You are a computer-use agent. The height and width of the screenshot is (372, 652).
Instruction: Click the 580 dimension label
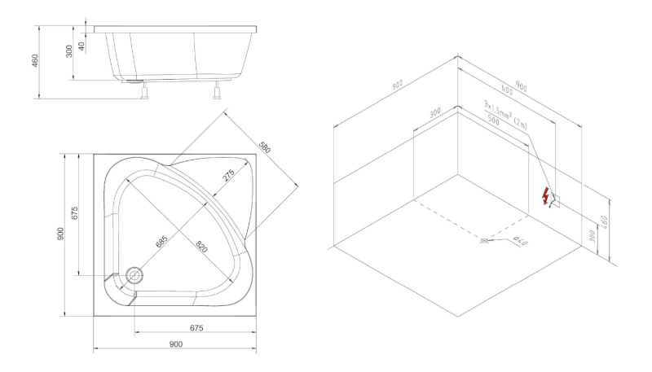coord(264,147)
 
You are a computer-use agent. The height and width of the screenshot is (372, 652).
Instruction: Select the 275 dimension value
coord(229,175)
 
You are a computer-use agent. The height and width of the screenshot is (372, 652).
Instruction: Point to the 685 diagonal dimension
coord(161,241)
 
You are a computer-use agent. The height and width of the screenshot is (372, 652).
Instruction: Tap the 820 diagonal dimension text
coord(200,246)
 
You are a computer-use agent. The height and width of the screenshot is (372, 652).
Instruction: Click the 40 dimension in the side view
coord(82,46)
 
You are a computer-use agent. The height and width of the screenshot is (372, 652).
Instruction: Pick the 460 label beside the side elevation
coord(35,60)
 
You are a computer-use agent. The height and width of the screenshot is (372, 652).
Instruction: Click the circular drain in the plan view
coord(134,274)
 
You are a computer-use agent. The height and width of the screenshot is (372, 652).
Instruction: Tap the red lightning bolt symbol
coord(545,196)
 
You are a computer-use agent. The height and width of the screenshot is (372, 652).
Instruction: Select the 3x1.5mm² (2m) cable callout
coord(505,114)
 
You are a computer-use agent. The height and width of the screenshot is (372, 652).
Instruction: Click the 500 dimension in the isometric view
coord(493,120)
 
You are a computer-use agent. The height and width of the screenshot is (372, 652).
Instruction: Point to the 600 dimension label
coord(507,90)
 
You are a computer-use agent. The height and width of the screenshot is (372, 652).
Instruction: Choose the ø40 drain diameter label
coord(520,240)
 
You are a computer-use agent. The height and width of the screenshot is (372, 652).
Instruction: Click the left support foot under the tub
coord(144,90)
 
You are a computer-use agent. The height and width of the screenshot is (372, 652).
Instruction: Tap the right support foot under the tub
coord(217,90)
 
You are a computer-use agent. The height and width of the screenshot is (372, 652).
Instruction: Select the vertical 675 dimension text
coord(75,213)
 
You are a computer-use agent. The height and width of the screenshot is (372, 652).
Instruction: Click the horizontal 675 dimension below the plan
coord(196,328)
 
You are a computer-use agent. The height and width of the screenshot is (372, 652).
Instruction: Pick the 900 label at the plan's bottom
coord(176,344)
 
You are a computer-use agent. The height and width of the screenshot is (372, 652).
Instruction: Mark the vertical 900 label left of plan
coord(60,234)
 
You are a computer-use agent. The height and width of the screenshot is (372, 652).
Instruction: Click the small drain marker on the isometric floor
coord(483,241)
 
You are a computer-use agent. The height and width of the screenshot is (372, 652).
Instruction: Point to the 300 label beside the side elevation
coord(69,51)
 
